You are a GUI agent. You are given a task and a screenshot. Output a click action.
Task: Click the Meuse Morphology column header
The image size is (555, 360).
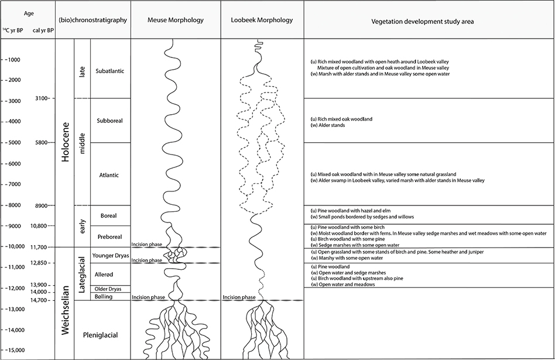pyautogui.click(x=176, y=20)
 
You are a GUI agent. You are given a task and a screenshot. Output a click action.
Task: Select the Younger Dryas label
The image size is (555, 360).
pyautogui.click(x=111, y=255)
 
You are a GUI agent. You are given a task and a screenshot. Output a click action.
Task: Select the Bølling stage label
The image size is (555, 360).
pyautogui.click(x=103, y=297)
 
